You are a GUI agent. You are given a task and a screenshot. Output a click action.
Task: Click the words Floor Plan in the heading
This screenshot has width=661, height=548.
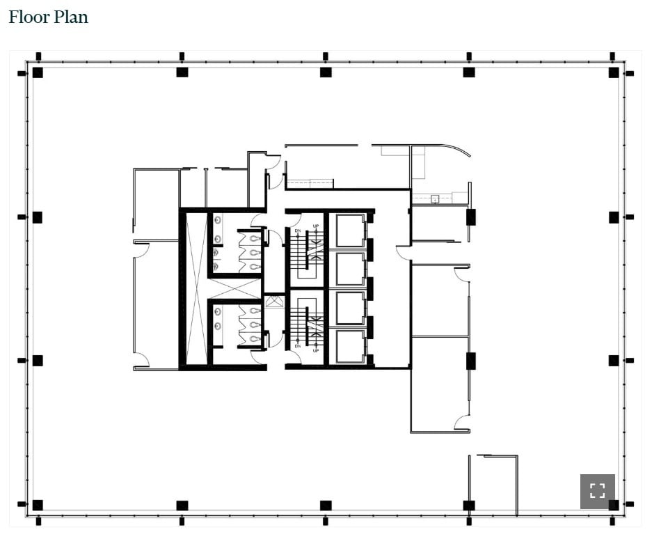(x=48, y=17)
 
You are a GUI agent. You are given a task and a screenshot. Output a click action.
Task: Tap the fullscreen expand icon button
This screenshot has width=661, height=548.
(x=597, y=491)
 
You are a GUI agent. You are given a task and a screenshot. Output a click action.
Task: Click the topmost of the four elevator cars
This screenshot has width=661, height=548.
(x=350, y=230)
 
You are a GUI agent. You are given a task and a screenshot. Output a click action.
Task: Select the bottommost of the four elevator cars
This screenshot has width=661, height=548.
(x=350, y=345)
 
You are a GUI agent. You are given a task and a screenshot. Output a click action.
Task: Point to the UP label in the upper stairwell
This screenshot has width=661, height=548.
(x=315, y=226)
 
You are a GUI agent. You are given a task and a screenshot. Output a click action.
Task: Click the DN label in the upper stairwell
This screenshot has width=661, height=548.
(x=297, y=230)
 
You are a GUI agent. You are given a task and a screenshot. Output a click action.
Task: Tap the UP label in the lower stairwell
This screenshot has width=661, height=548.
(x=315, y=350)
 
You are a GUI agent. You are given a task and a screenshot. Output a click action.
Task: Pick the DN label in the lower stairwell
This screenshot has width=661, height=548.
(x=297, y=345)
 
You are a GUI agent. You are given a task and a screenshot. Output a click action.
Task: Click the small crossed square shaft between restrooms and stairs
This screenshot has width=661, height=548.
(x=274, y=302)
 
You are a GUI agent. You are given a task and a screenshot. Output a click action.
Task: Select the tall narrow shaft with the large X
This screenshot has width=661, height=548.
(x=196, y=288)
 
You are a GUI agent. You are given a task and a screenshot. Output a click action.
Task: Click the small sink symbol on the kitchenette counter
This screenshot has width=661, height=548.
(x=435, y=199)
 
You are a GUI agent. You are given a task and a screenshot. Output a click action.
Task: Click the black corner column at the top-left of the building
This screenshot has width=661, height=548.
(x=38, y=72)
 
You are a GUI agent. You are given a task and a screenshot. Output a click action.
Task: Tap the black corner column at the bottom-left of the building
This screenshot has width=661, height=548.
(x=38, y=505)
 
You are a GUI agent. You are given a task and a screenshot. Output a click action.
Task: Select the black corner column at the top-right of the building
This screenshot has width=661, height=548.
(x=613, y=72)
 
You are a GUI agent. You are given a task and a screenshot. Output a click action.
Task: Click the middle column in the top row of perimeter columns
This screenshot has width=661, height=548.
(x=326, y=72)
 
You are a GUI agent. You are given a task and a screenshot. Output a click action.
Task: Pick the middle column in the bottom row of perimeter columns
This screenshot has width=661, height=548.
(x=326, y=505)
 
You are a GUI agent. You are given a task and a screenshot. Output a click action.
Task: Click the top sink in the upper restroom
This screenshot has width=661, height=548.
(x=218, y=221)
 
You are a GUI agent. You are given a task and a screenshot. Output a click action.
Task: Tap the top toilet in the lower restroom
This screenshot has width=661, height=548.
(x=254, y=311)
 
